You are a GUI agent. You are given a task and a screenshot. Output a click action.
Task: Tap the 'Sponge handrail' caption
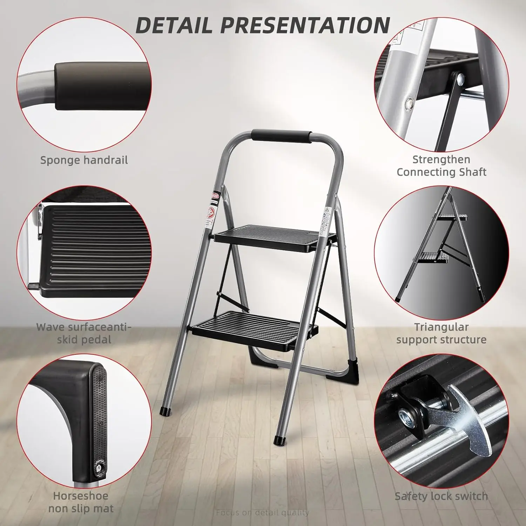pyautogui.click(x=84, y=160)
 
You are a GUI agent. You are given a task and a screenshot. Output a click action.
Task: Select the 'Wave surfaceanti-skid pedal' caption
pyautogui.click(x=84, y=333)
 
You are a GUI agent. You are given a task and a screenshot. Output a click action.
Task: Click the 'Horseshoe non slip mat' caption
pyautogui.click(x=81, y=502)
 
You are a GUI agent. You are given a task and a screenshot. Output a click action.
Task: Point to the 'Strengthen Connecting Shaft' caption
pyautogui.click(x=441, y=166)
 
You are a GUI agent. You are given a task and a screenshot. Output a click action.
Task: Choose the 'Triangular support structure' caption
pyautogui.click(x=441, y=333)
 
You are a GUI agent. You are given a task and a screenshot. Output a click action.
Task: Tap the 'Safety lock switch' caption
pyautogui.click(x=441, y=496)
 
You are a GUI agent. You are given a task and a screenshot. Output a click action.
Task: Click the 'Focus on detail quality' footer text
pyautogui.click(x=262, y=513)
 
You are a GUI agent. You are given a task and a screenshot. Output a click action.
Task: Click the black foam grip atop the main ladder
pyautogui.click(x=282, y=136)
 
